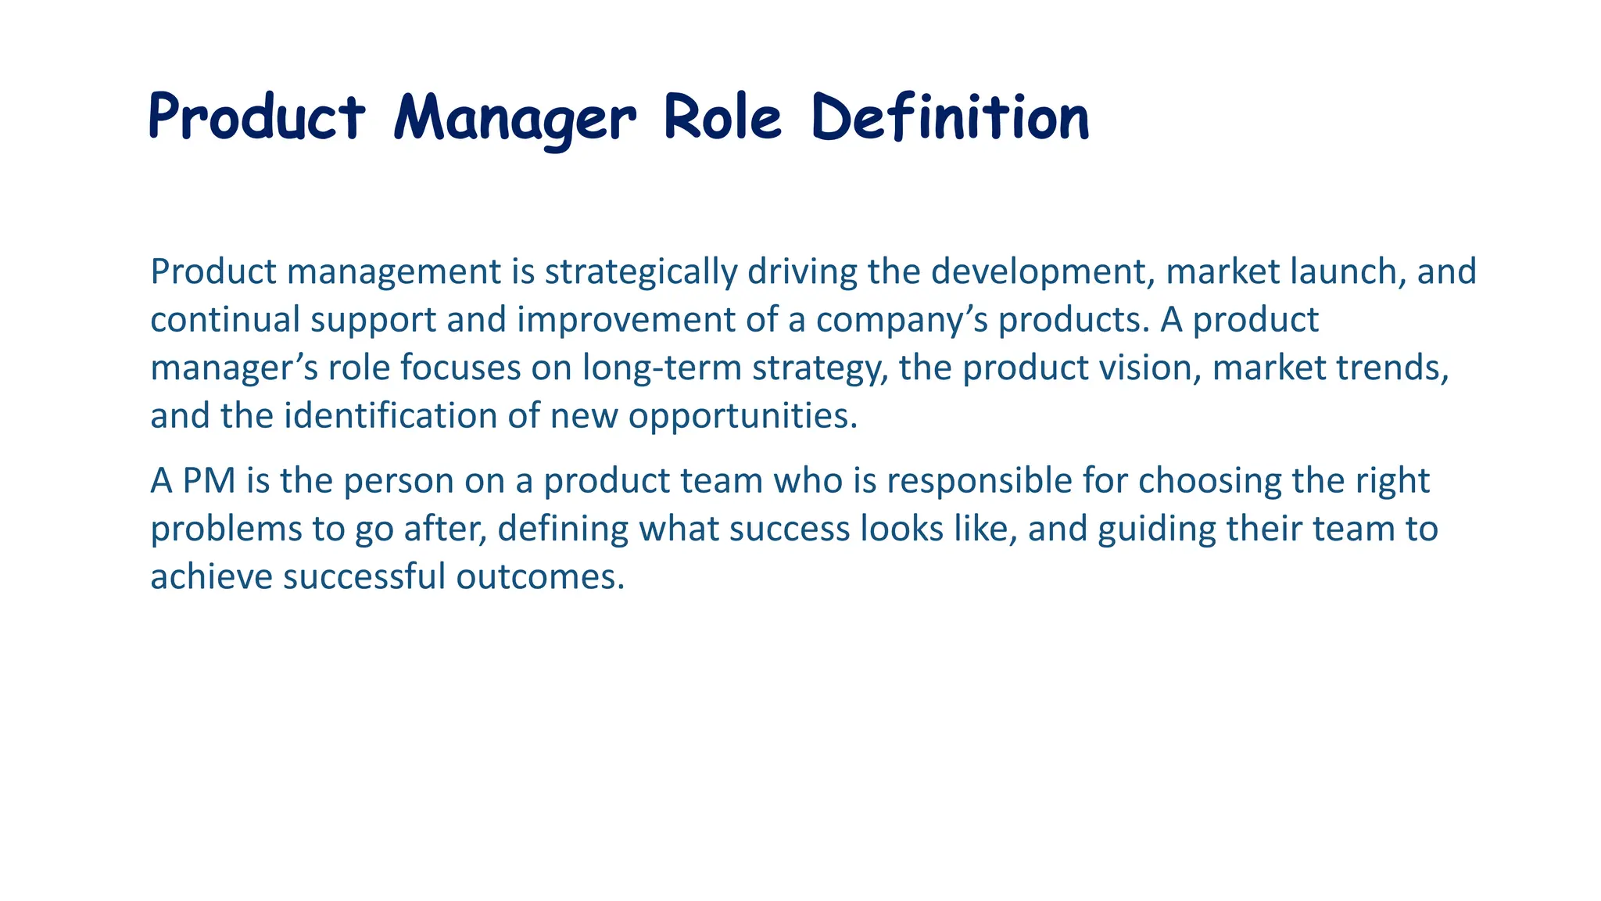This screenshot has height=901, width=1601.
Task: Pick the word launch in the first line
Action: click(x=1344, y=272)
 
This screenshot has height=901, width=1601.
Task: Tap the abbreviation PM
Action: click(x=209, y=481)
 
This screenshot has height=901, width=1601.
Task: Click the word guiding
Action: click(x=1156, y=529)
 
